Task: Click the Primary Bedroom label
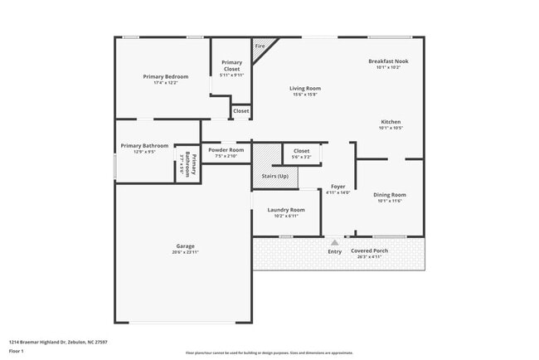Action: tap(166, 76)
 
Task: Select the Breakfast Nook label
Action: tap(388, 61)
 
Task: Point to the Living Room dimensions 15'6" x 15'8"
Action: tap(305, 95)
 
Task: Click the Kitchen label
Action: tap(391, 122)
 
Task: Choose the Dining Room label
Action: tap(389, 195)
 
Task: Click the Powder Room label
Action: tap(226, 150)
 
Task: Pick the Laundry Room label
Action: tap(286, 210)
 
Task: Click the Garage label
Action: tap(185, 246)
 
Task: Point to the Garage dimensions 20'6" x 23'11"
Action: tap(185, 252)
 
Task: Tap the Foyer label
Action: tap(338, 187)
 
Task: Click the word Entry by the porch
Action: tap(334, 251)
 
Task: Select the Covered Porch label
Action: tap(369, 251)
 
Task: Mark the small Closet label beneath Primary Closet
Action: tap(240, 110)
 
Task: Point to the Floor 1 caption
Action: tap(17, 351)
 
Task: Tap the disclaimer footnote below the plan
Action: tap(269, 353)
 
